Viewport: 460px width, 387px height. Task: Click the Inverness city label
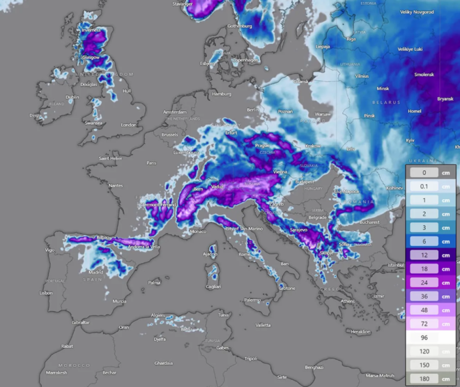click(x=91, y=30)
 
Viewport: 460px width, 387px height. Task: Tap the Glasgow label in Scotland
click(x=90, y=57)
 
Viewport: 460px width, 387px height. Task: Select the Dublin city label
click(x=72, y=97)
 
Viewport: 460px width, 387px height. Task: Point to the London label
click(x=129, y=124)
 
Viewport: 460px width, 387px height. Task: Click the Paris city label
click(x=151, y=163)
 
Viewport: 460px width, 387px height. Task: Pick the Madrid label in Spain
click(x=96, y=272)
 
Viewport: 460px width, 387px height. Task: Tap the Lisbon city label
click(x=46, y=293)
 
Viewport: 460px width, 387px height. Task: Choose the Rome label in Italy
click(x=244, y=254)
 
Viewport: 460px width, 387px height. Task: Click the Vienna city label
click(x=280, y=172)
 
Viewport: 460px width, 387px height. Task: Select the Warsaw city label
click(x=323, y=114)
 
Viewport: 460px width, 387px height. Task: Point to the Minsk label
click(x=383, y=89)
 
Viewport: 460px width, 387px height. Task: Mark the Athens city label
click(x=348, y=301)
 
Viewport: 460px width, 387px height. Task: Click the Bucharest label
click(x=368, y=222)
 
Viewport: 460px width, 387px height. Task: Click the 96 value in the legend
click(x=424, y=338)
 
